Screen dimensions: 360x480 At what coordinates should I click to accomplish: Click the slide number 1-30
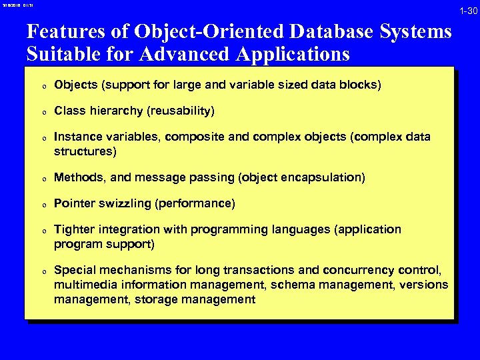467,11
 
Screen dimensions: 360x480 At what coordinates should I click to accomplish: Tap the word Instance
78,137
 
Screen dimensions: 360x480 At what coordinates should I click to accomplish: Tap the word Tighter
75,229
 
